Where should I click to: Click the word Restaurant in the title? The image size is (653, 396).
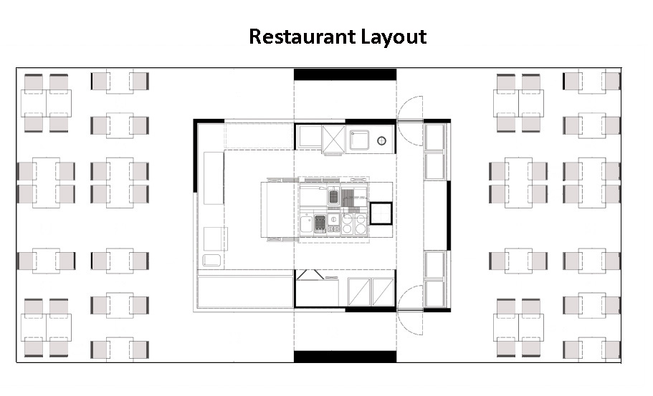click(x=302, y=37)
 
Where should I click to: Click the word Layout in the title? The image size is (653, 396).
click(x=394, y=37)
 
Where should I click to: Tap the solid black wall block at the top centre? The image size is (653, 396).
click(x=345, y=74)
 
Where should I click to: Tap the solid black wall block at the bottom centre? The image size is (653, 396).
click(x=345, y=357)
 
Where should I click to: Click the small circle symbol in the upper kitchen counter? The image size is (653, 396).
click(x=381, y=141)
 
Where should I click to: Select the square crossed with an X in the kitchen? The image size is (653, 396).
click(x=333, y=140)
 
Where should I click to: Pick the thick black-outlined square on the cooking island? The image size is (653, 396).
click(x=381, y=213)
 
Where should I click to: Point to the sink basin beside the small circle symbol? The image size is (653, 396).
click(x=359, y=140)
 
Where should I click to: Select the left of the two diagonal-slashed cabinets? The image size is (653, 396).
click(x=359, y=292)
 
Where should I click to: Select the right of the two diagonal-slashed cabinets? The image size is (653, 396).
click(x=383, y=292)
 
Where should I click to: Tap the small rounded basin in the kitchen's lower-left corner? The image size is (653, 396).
click(x=211, y=260)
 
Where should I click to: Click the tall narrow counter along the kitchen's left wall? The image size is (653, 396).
click(x=214, y=178)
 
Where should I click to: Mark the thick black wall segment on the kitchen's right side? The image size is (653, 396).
click(x=449, y=215)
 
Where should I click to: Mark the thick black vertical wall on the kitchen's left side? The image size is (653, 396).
click(x=196, y=156)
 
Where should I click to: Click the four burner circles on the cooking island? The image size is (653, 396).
click(x=354, y=224)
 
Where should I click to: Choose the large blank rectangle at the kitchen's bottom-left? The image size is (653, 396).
click(x=245, y=292)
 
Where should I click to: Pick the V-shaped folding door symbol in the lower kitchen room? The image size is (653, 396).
click(x=310, y=274)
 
